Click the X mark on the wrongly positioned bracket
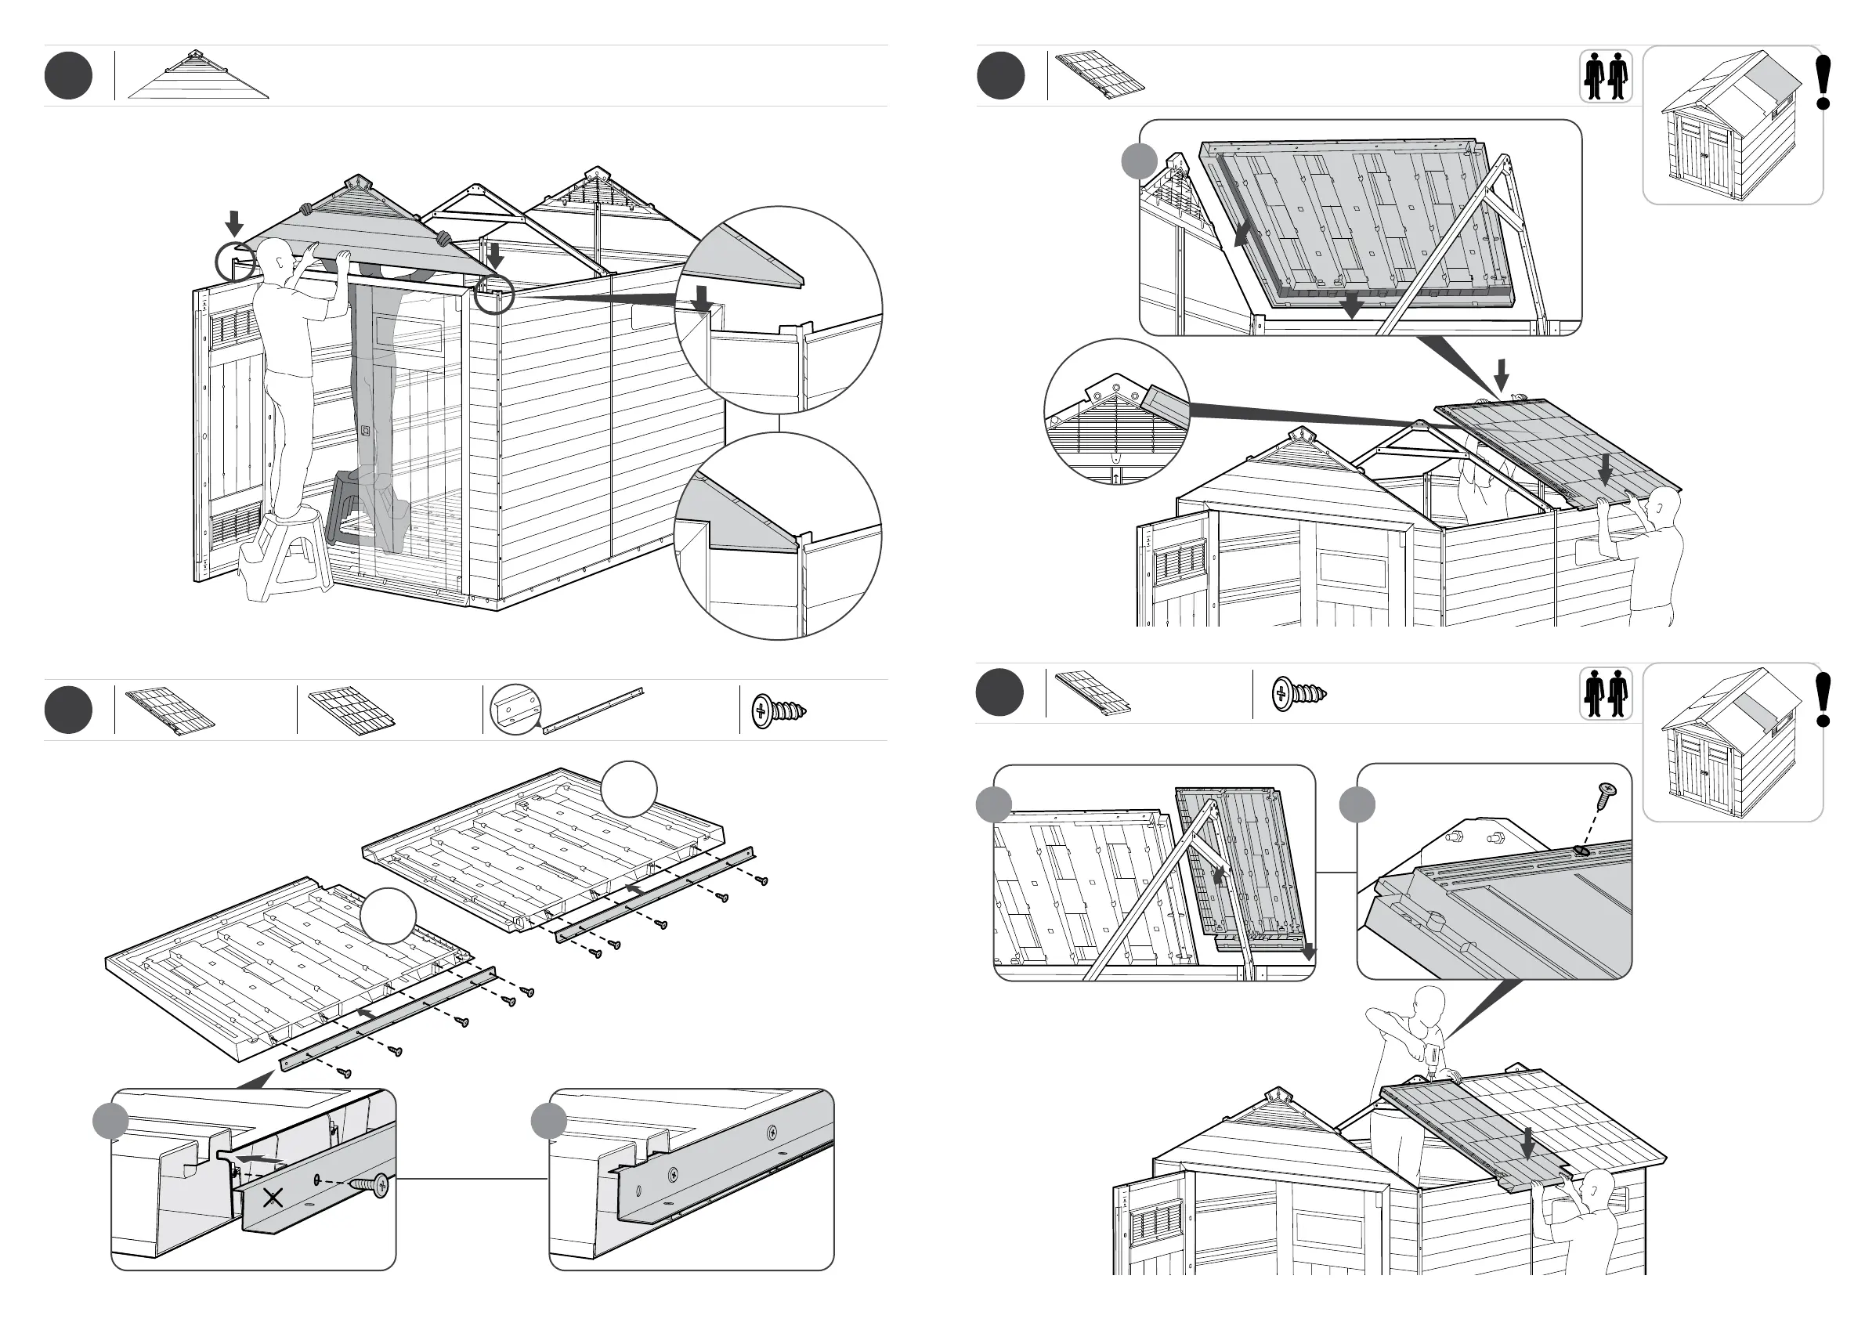pos(273,1196)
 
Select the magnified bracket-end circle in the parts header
pos(515,709)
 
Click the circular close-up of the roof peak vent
pos(1116,411)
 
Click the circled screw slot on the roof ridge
pos(1581,851)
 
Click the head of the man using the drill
pos(1429,1001)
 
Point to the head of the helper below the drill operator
pos(1599,1185)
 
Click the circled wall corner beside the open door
pos(235,262)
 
